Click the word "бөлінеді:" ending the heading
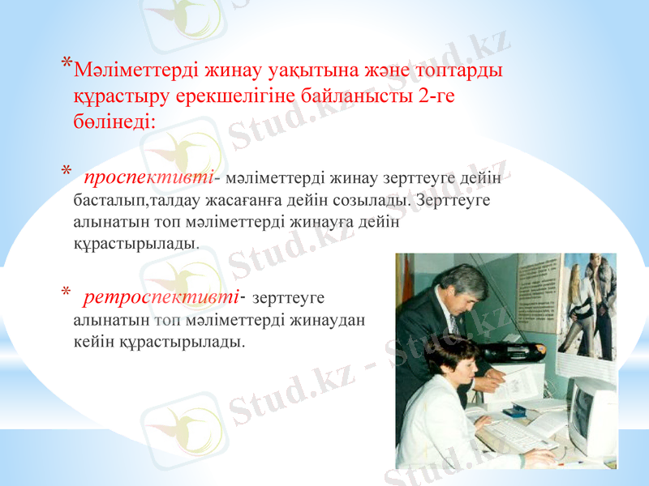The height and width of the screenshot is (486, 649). pyautogui.click(x=114, y=122)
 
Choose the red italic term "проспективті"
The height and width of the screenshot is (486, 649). pyautogui.click(x=148, y=177)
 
